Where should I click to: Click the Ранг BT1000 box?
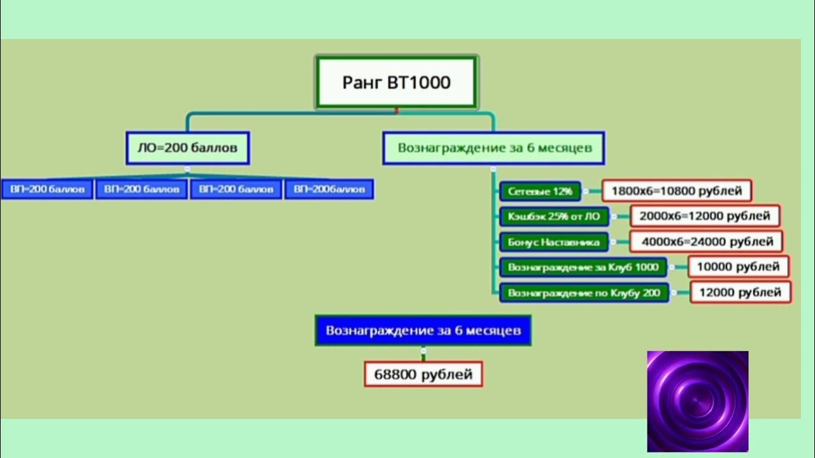[397, 82]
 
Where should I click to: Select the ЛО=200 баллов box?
[188, 148]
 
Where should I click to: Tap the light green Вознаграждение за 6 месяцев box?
[493, 148]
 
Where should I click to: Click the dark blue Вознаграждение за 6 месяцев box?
[423, 330]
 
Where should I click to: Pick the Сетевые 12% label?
[540, 191]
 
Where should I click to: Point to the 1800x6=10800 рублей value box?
[677, 190]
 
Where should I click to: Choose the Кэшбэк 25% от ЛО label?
[554, 217]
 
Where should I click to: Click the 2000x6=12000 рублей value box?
[705, 216]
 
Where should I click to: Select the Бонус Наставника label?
[553, 242]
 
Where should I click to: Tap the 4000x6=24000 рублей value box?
[706, 241]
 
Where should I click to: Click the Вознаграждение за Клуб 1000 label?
[583, 267]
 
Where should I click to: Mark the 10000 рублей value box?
[738, 267]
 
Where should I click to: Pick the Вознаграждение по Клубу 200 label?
[584, 293]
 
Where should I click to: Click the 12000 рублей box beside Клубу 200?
[741, 292]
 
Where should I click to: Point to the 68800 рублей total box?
[423, 374]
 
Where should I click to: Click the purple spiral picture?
[698, 401]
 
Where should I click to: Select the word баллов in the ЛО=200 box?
[214, 148]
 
